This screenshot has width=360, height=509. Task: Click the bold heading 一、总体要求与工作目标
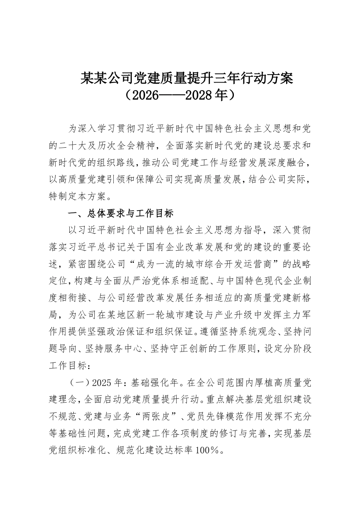pyautogui.click(x=121, y=214)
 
